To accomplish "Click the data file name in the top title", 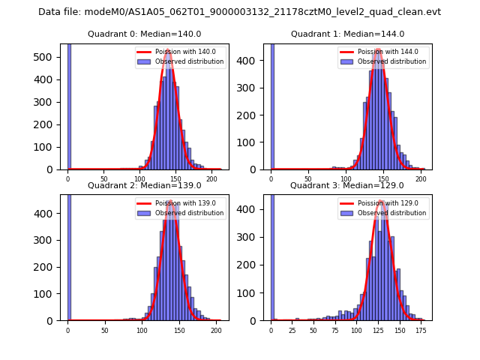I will pos(239,12).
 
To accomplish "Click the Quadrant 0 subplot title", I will pos(145,34).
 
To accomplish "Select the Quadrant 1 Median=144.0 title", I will pos(348,34).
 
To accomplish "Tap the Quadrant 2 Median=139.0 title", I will pos(145,185).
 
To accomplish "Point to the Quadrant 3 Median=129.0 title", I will pos(347,185).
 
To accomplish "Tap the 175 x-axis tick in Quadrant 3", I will pos(421,331).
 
